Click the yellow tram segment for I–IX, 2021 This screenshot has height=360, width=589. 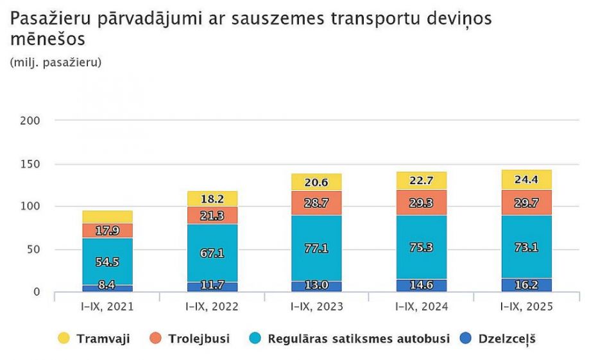click(x=107, y=217)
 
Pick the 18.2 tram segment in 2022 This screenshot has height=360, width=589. click(x=212, y=198)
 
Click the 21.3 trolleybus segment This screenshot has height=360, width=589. click(x=212, y=215)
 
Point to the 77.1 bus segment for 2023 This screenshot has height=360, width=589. click(x=316, y=248)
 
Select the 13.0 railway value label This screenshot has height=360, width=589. click(x=316, y=286)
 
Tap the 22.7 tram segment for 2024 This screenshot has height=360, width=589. click(x=422, y=181)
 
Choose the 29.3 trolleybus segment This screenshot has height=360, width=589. click(x=422, y=202)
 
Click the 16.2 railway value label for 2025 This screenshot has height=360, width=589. click(x=526, y=285)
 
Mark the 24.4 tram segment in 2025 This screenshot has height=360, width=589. click(x=526, y=180)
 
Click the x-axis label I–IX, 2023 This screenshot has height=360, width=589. click(x=316, y=307)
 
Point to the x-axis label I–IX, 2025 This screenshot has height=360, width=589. click(x=526, y=307)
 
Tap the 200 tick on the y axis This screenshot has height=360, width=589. click(x=30, y=121)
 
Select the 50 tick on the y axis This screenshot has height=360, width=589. click(x=33, y=249)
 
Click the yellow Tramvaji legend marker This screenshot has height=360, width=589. click(x=64, y=338)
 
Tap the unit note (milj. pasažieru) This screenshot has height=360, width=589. click(x=56, y=62)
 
